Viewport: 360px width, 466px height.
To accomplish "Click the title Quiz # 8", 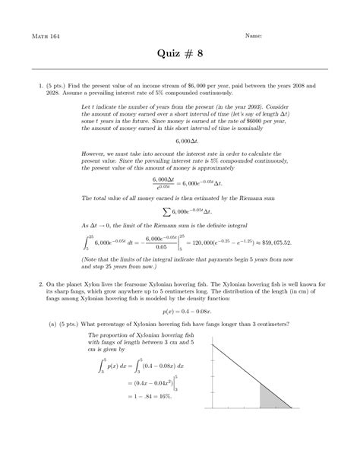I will (x=180, y=55).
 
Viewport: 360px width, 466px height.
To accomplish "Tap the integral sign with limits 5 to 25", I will (x=86, y=242).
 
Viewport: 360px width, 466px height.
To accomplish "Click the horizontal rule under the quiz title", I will (x=180, y=69).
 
